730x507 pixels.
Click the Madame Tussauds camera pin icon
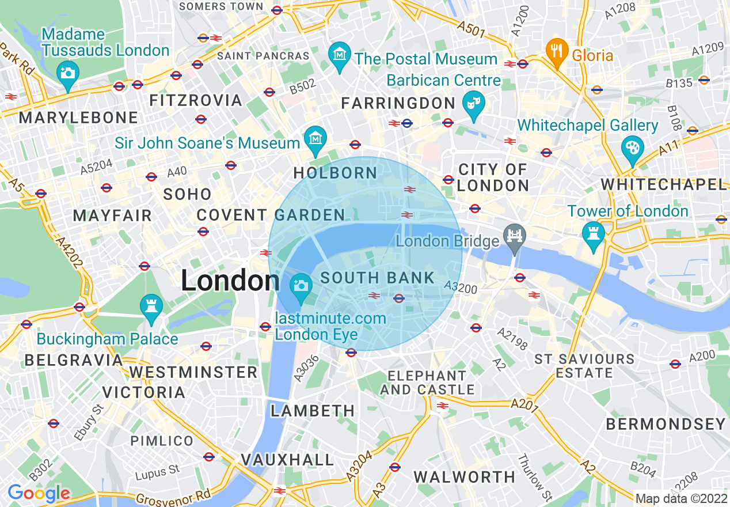pos(68,73)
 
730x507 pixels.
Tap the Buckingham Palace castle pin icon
pos(151,305)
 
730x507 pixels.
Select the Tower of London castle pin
pos(592,234)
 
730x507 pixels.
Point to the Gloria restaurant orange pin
pos(556,51)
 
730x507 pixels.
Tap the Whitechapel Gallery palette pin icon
pos(632,147)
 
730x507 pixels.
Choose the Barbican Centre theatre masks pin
pos(474,104)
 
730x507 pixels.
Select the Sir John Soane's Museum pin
pos(315,138)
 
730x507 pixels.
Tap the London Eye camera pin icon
pos(300,286)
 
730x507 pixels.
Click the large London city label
pos(230,281)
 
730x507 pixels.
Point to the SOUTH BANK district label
pos(378,278)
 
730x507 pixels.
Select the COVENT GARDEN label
pos(271,215)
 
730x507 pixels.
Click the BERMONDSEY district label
pos(666,425)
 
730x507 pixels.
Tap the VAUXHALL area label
pos(287,460)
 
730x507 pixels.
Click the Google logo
pos(39,493)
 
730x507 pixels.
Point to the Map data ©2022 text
pos(680,498)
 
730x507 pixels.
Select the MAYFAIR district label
pos(112,216)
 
